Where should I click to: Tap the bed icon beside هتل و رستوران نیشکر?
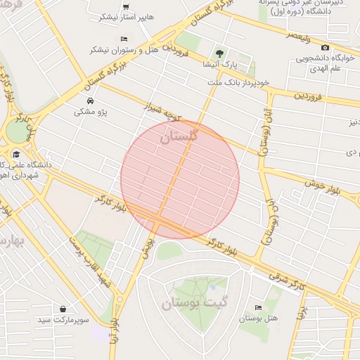tap(124, 38)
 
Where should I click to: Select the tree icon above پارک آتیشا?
tap(220, 53)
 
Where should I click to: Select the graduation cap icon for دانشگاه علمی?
tap(15, 154)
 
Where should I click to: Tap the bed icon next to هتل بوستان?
tap(258, 307)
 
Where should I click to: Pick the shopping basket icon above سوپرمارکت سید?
tap(64, 309)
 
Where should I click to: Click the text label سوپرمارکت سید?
tap(84, 320)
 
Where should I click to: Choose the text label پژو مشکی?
tap(86, 111)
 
